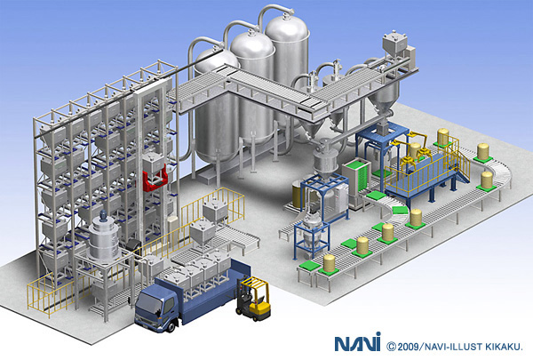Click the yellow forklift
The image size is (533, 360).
click(253, 299)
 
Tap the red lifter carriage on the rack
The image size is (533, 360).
click(155, 178)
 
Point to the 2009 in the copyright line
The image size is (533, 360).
click(409, 347)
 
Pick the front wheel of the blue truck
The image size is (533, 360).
click(171, 327)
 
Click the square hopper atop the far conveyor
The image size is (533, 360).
click(395, 43)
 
